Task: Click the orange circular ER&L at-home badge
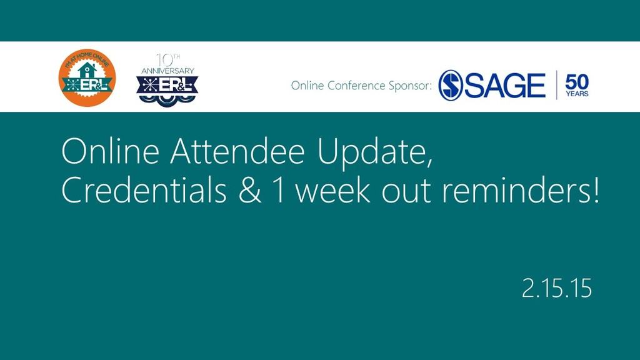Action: (x=87, y=77)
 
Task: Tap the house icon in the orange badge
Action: (x=86, y=70)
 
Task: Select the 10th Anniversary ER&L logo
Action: (x=167, y=81)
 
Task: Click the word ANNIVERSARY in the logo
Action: (x=167, y=71)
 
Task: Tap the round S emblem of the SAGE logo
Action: (x=450, y=85)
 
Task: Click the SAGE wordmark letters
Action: (x=505, y=85)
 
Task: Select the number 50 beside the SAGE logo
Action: (x=577, y=82)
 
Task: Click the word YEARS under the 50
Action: (x=577, y=94)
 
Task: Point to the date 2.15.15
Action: (x=557, y=288)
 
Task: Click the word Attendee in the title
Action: (x=237, y=151)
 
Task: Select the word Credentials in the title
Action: (x=144, y=190)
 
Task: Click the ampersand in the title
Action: (x=250, y=191)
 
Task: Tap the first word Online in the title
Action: (x=110, y=151)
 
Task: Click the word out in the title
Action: (x=406, y=192)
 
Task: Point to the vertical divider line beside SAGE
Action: (x=556, y=85)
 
